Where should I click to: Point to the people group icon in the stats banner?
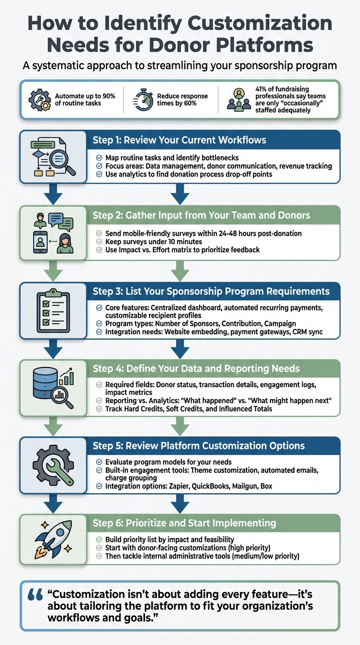click(x=239, y=99)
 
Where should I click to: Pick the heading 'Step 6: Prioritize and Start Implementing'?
click(x=184, y=523)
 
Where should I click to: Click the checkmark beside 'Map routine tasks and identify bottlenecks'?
click(x=99, y=157)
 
